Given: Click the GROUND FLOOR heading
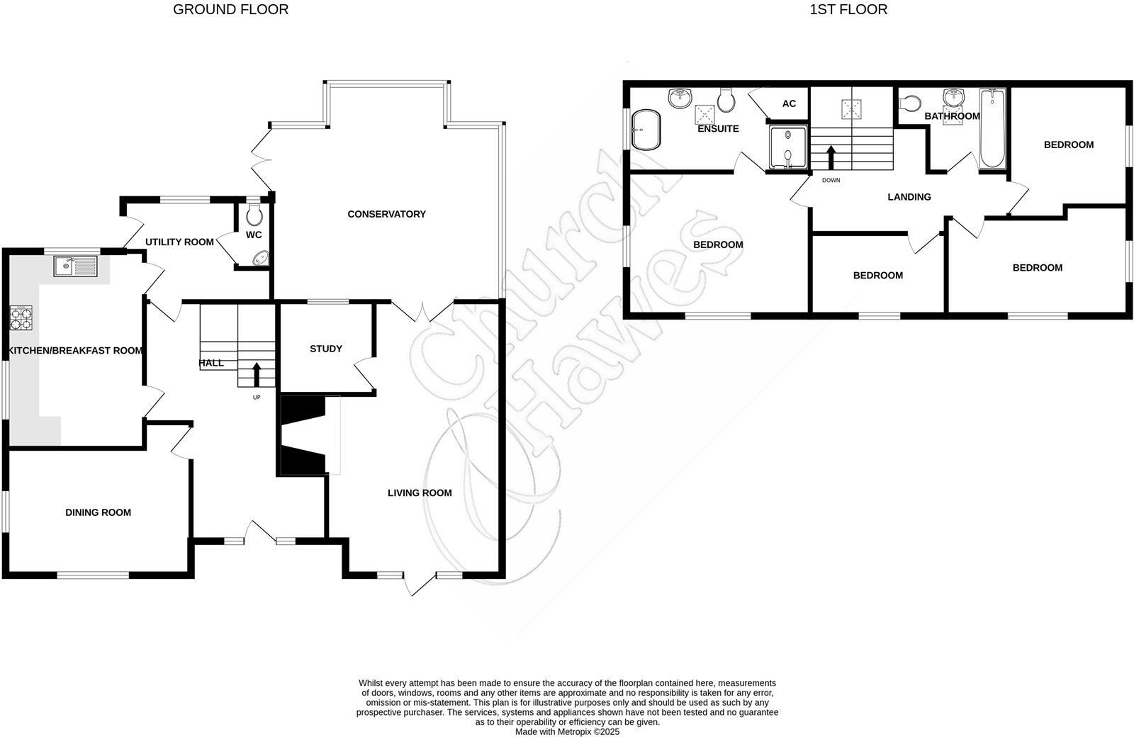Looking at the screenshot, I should coord(230,9).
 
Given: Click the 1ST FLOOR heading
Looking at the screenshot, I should coord(848,9).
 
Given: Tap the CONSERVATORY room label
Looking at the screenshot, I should coord(386,214).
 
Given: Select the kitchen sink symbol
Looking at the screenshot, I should coord(75,266).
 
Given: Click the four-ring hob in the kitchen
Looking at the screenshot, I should coord(21,318).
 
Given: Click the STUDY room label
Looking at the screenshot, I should coord(325,349).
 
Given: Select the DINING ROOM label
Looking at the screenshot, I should coord(98,512).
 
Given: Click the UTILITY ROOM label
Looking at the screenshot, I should coord(179,242).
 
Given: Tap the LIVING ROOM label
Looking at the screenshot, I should coord(420,493).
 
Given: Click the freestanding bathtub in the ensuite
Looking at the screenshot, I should coord(646,130).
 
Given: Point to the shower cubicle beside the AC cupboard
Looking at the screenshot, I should coord(788,148).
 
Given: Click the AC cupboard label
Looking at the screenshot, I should coord(789,103).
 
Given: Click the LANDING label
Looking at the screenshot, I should coord(909,197).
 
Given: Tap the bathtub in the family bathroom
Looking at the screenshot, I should coord(992,128).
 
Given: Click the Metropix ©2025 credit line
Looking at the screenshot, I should coord(567,731).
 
